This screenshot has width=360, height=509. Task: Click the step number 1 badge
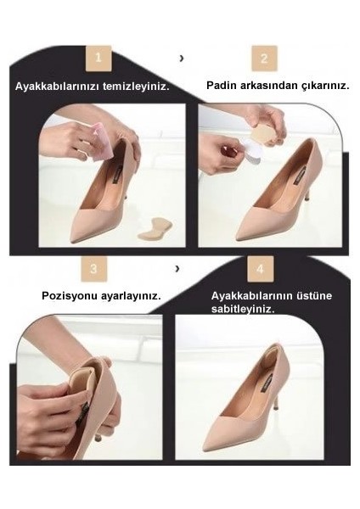[98, 59]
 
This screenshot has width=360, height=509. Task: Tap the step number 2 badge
[264, 59]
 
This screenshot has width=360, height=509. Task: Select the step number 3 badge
[94, 269]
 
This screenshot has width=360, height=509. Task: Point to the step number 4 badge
[261, 269]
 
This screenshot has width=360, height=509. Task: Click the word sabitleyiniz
[244, 309]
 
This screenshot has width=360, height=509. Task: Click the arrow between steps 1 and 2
[181, 59]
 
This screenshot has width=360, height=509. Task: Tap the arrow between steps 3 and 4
[177, 268]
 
